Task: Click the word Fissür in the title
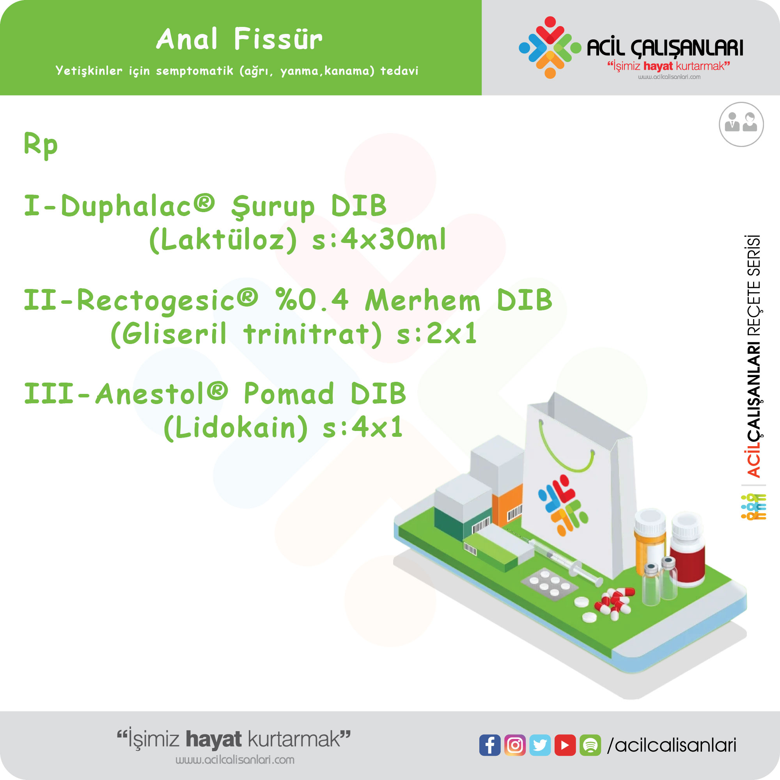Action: pyautogui.click(x=278, y=39)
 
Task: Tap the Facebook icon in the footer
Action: pyautogui.click(x=490, y=745)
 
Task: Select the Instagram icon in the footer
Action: pyautogui.click(x=515, y=745)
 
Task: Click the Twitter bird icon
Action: pyautogui.click(x=540, y=745)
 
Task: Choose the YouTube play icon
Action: pyautogui.click(x=565, y=745)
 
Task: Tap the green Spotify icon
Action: pyautogui.click(x=590, y=745)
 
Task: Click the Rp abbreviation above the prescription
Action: pyautogui.click(x=41, y=145)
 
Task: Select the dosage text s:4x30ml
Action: pyautogui.click(x=379, y=239)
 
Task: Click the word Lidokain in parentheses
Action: pyautogui.click(x=236, y=427)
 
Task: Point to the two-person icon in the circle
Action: pyautogui.click(x=741, y=124)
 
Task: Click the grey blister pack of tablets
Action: pyautogui.click(x=550, y=585)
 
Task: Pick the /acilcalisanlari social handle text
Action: pyautogui.click(x=672, y=745)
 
